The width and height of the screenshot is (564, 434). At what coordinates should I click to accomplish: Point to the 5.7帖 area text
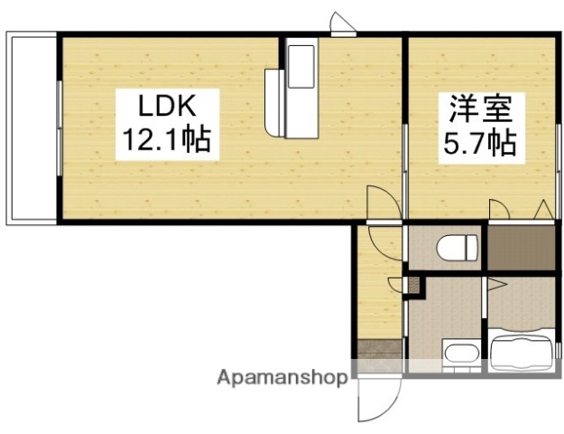pos(479,143)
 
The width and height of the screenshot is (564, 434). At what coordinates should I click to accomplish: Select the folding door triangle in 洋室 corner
pos(543,210)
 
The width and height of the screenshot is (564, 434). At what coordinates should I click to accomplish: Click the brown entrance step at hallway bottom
pos(379,347)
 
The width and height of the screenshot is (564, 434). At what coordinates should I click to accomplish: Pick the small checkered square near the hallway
pos(414,286)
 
